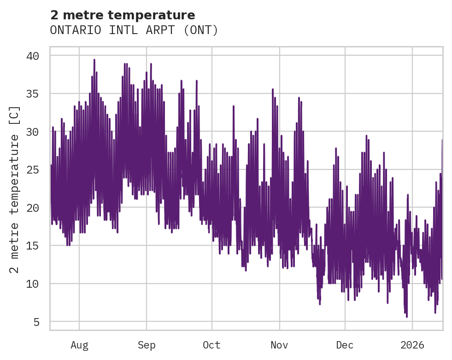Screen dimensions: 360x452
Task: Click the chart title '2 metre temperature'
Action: click(x=123, y=15)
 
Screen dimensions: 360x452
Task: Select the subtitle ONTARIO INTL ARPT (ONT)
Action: click(x=134, y=30)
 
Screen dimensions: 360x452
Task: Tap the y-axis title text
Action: click(x=15, y=190)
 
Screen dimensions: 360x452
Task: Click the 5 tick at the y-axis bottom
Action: click(x=36, y=322)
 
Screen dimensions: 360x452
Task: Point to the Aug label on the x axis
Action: click(x=79, y=345)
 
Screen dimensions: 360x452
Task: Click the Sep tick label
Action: click(x=147, y=345)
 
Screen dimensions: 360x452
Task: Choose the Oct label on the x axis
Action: click(x=212, y=345)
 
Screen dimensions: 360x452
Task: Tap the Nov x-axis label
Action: click(x=279, y=345)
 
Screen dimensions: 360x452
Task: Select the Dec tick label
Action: click(x=345, y=345)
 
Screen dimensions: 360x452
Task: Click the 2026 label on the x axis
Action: click(x=412, y=345)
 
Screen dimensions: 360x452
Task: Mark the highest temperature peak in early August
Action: click(x=94, y=60)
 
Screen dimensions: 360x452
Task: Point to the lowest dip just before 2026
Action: click(x=406, y=316)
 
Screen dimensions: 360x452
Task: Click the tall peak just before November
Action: click(x=273, y=90)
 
